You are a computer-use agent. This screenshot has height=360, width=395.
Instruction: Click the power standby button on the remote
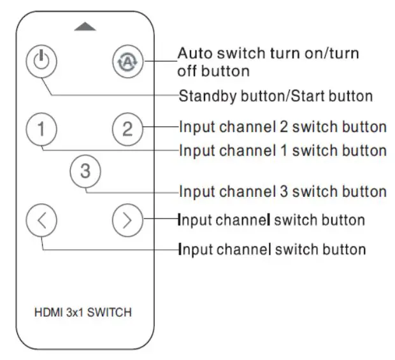tap(41, 62)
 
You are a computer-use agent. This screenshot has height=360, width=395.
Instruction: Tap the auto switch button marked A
tap(127, 62)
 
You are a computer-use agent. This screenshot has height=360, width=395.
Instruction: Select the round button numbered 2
tap(127, 129)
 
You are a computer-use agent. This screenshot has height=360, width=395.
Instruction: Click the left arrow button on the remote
tap(41, 220)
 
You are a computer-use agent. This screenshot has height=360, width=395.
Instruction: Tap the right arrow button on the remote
tap(127, 220)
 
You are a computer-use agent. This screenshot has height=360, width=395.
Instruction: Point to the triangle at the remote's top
tap(85, 27)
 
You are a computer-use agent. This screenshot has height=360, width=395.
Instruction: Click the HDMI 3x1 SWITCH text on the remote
tap(84, 313)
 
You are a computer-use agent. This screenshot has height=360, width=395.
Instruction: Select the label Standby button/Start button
tap(275, 97)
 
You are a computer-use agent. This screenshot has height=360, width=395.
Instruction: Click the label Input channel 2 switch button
tap(283, 127)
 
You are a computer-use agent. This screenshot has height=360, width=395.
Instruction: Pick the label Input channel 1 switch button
tap(283, 151)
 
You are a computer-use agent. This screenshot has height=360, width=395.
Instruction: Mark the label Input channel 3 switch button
tap(283, 191)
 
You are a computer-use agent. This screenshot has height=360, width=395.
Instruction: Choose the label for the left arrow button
tap(272, 248)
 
